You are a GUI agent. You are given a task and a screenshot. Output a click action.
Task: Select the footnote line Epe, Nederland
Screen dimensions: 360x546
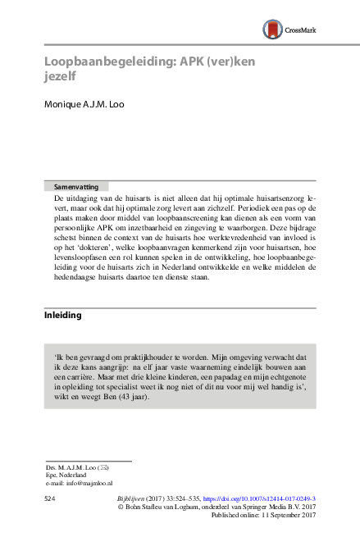tap(66, 475)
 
